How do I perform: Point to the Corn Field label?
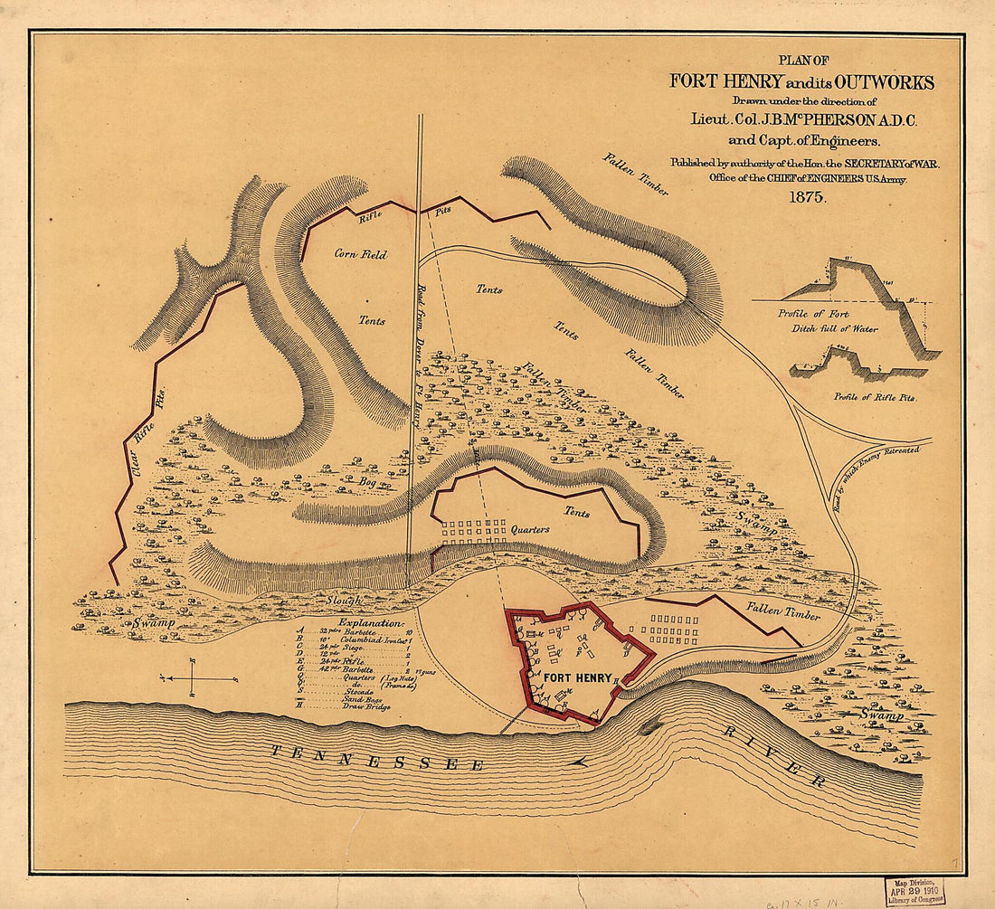coord(361,255)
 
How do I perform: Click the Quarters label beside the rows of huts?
coord(530,529)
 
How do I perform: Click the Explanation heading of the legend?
coord(370,623)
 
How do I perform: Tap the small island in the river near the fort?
coord(649,726)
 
